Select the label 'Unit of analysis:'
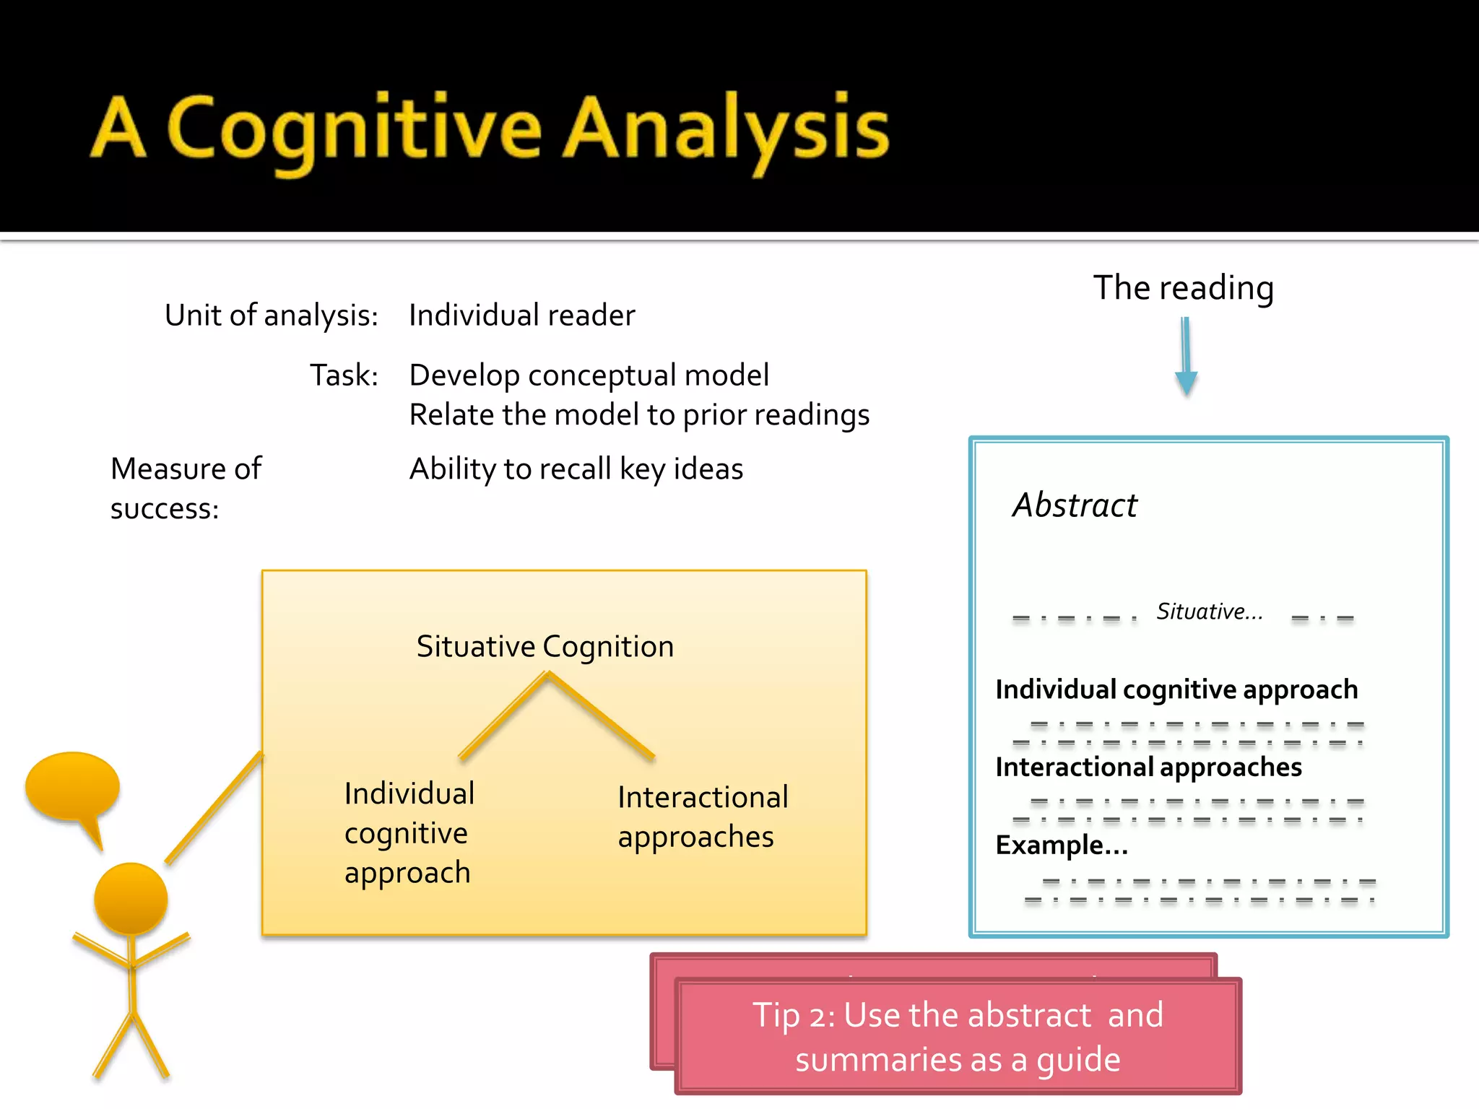click(x=272, y=316)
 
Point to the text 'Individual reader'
click(x=521, y=316)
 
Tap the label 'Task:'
click(x=344, y=375)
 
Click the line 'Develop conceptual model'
click(x=589, y=375)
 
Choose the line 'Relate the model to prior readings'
click(x=639, y=415)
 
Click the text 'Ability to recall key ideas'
click(x=576, y=469)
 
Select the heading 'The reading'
click(x=1183, y=288)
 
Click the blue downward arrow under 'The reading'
click(x=1186, y=357)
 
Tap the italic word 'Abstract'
click(x=1075, y=505)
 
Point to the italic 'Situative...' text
click(x=1209, y=612)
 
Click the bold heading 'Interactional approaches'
click(x=1148, y=767)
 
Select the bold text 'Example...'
click(x=1062, y=845)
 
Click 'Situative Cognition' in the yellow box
click(x=545, y=647)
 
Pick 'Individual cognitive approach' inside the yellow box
click(x=409, y=833)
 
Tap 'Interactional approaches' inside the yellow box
click(x=702, y=817)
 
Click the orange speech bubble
click(x=72, y=787)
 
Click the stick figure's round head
click(x=131, y=899)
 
